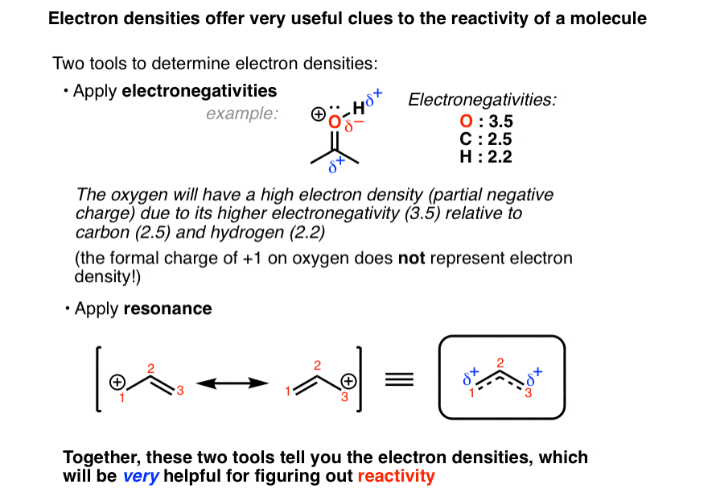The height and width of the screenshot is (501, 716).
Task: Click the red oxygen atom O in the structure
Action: [x=335, y=122]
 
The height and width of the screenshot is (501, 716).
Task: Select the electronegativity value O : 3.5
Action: [x=486, y=122]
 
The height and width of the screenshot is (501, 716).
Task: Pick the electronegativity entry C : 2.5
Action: [x=486, y=139]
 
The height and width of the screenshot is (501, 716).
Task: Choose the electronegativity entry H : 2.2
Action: [x=486, y=156]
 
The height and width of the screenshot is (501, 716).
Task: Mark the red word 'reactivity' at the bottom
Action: [x=396, y=476]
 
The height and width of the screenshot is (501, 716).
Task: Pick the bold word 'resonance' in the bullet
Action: [x=167, y=308]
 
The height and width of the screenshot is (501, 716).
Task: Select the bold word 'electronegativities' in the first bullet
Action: [x=199, y=91]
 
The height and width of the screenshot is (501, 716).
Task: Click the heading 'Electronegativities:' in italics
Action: [x=482, y=101]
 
